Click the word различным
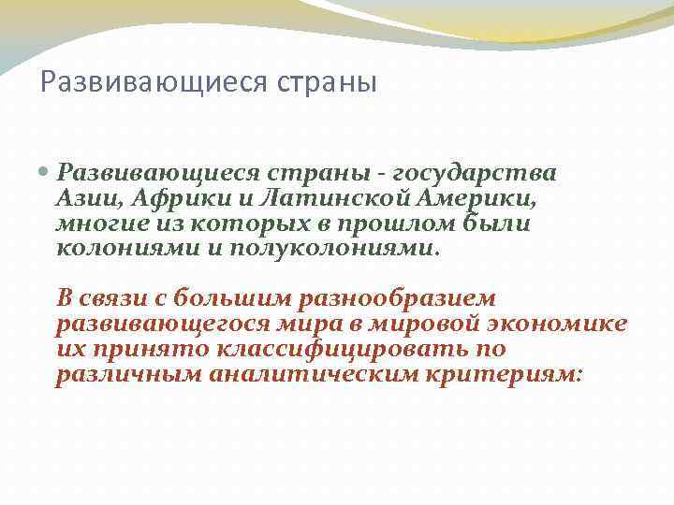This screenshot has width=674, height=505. pyautogui.click(x=130, y=375)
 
